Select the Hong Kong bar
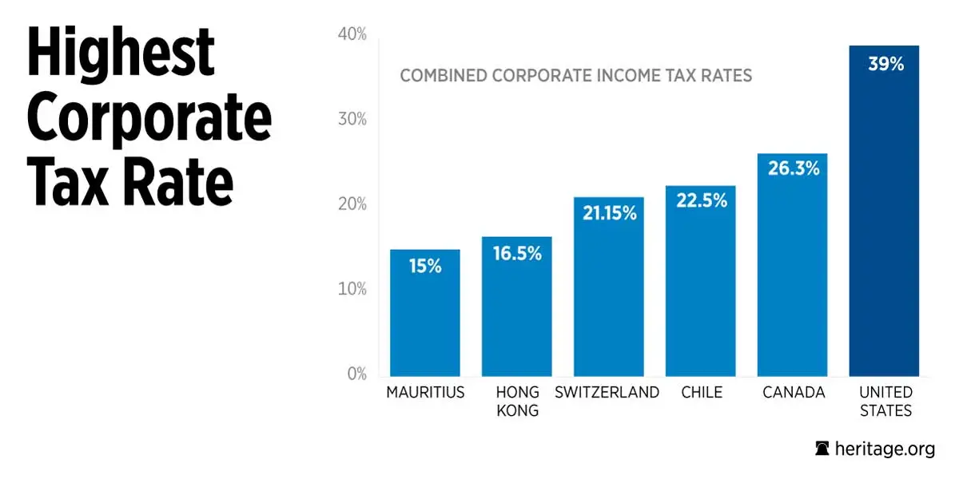tap(516, 319)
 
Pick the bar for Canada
tap(792, 279)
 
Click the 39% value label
tap(885, 65)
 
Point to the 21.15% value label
tap(609, 213)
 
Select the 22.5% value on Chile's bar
tap(701, 201)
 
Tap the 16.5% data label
tap(516, 254)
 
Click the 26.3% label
tap(792, 169)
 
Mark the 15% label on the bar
tap(424, 267)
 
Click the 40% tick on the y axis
tap(352, 34)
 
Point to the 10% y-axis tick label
tap(352, 289)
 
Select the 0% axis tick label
tap(356, 374)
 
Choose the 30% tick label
tap(352, 120)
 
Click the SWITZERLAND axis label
tap(607, 392)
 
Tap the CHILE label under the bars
tap(702, 392)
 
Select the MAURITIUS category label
tap(425, 392)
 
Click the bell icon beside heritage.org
tap(822, 449)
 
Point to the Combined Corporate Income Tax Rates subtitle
tap(575, 76)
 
